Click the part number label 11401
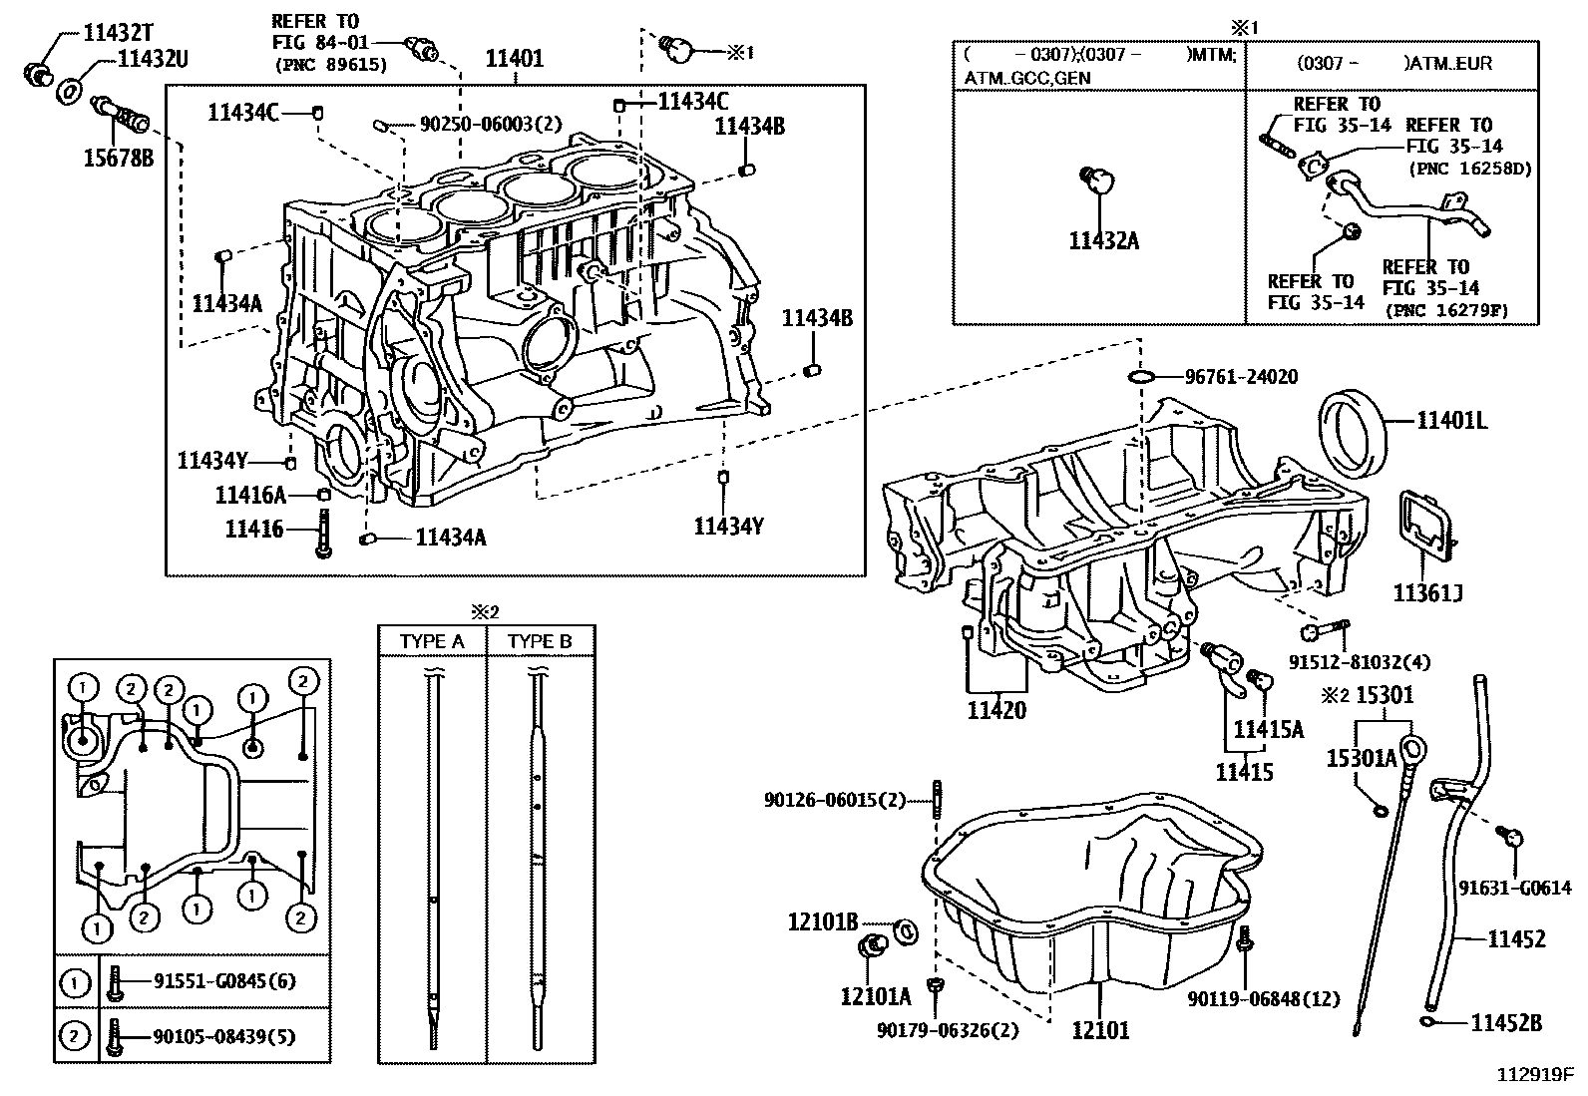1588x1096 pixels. (x=514, y=59)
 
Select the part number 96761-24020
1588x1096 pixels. (x=1241, y=377)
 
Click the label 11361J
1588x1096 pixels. (x=1427, y=593)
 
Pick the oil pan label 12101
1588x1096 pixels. (x=1100, y=1029)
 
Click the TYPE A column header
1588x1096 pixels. (x=432, y=641)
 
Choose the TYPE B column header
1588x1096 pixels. (x=540, y=641)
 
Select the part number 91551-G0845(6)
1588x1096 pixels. (x=224, y=981)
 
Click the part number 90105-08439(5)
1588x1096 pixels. (x=224, y=1037)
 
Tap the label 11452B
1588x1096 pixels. (x=1507, y=1022)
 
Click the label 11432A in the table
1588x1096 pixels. (x=1102, y=240)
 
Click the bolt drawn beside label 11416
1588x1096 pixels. (x=323, y=533)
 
